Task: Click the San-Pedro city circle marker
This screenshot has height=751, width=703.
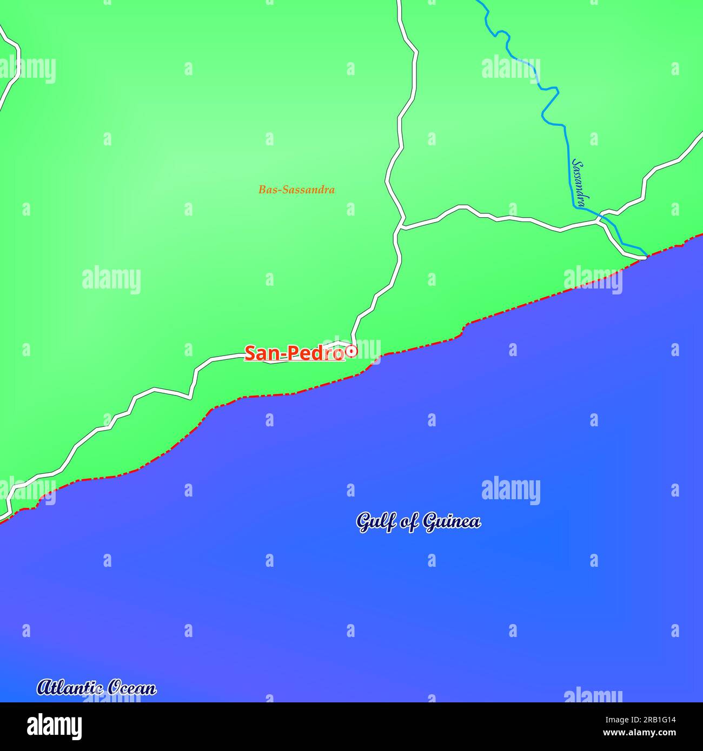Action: [351, 351]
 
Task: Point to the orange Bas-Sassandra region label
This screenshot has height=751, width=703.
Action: [296, 190]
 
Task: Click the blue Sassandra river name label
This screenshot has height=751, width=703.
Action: [579, 183]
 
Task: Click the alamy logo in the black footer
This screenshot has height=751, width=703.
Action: [54, 727]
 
